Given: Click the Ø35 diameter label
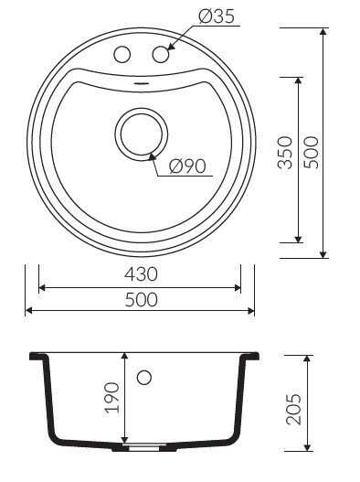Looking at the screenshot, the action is pos(217,16).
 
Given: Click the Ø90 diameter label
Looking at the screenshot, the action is pos(187,166).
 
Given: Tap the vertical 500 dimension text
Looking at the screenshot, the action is pos(311,153).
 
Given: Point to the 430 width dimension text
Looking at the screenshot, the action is pos(141,274).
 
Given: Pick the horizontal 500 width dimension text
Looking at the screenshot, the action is pos(141,300).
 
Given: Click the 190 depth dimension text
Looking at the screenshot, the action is pos(111,398).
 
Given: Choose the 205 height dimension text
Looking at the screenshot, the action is pos(293,409).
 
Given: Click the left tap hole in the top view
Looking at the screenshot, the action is pos(122,54).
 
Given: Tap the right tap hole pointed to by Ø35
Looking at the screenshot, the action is pos(161,54).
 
